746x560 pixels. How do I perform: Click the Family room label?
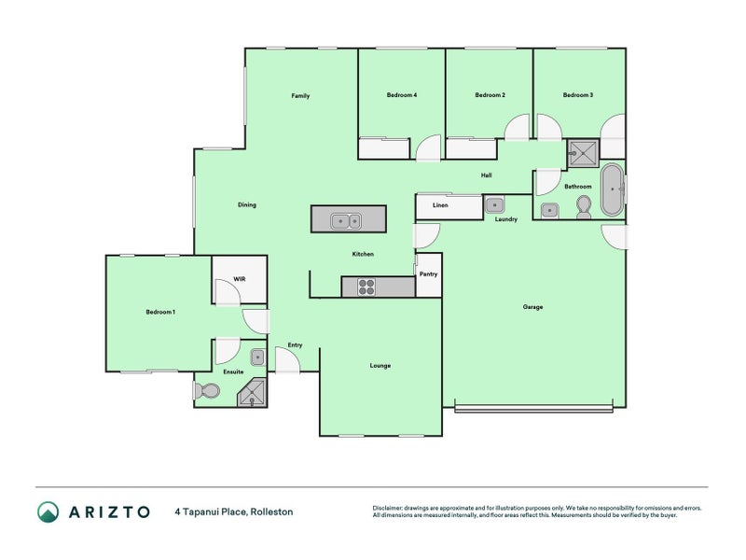[300, 96]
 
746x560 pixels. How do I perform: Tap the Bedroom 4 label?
[402, 95]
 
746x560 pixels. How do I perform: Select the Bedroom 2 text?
[490, 95]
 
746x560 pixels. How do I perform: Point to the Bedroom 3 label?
[578, 95]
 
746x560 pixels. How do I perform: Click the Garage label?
[532, 307]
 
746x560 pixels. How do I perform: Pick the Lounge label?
[380, 366]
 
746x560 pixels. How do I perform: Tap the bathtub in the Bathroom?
[612, 190]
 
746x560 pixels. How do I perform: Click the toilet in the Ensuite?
[206, 391]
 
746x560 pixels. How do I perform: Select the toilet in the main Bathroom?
[584, 207]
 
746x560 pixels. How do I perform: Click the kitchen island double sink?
[346, 221]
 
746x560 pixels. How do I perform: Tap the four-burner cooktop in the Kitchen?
[366, 287]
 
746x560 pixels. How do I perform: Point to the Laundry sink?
[495, 205]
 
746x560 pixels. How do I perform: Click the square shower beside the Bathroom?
[583, 153]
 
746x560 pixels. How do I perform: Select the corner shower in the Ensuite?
[253, 393]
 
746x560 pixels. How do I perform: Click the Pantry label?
[428, 274]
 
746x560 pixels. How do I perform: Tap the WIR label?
[240, 279]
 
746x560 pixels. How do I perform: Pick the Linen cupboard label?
[440, 205]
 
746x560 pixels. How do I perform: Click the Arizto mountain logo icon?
[48, 511]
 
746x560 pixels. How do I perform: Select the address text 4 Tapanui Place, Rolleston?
[234, 511]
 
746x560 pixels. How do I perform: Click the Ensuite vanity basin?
[257, 357]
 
